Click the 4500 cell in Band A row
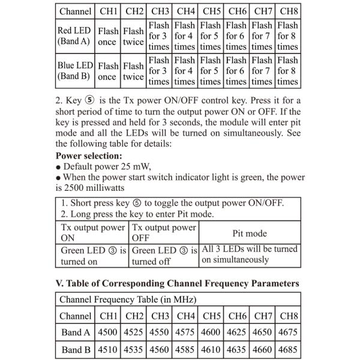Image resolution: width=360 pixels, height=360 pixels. [109, 332]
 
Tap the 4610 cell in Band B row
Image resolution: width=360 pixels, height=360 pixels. [212, 350]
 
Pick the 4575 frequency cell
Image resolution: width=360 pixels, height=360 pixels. [186, 332]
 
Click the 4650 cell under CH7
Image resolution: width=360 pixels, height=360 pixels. [263, 332]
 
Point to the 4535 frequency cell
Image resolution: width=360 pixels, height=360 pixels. [134, 350]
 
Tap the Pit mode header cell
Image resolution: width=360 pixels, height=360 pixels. [250, 233]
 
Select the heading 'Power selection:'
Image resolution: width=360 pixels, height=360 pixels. [89, 155]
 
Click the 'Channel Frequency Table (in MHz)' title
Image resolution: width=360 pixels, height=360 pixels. [128, 299]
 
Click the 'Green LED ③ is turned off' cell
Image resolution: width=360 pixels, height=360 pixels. [163, 256]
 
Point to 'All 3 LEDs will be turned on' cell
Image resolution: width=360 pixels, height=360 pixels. [250, 254]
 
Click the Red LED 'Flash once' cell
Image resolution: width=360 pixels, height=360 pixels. [108, 36]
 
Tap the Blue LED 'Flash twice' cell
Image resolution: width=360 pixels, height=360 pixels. [134, 71]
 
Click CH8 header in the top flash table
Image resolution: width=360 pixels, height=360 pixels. [289, 11]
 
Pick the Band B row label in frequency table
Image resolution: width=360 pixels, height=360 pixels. [76, 350]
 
